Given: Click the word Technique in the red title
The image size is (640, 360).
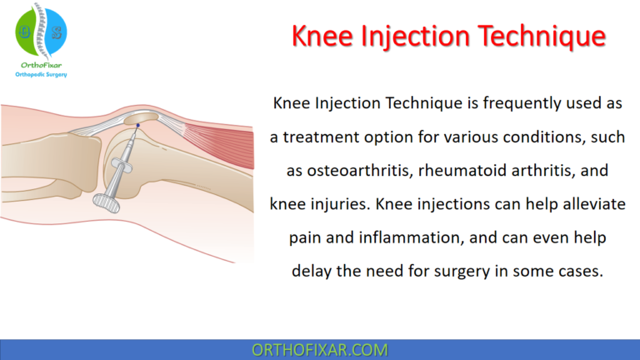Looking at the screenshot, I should point(534,37).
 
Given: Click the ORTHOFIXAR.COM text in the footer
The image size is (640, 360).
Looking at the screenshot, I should point(320,349).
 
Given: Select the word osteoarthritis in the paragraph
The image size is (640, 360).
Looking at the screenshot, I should point(361,170).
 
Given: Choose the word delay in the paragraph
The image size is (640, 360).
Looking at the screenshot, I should point(313,271).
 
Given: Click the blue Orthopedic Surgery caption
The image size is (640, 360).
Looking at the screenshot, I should point(41,74).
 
